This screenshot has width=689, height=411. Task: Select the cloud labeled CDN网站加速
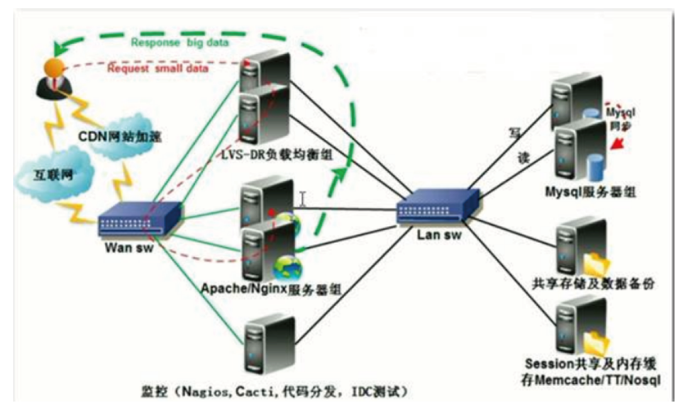119,136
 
